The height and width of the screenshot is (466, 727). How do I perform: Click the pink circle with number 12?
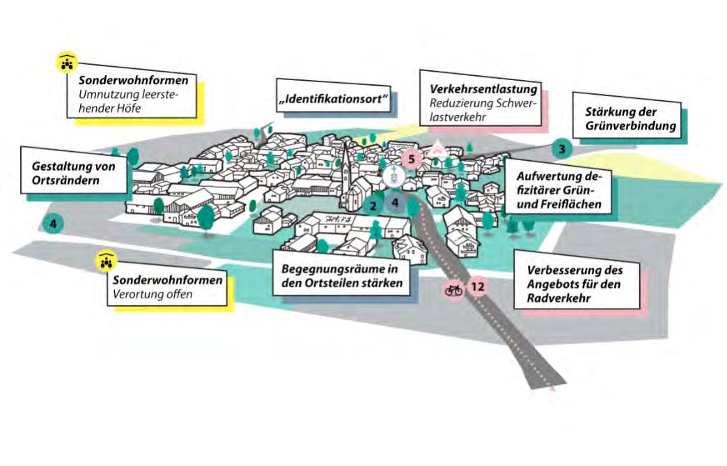(477, 286)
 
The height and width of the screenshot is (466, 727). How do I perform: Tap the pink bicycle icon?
(454, 288)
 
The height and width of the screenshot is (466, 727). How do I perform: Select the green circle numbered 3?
(562, 148)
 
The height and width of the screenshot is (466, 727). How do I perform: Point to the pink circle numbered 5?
(412, 159)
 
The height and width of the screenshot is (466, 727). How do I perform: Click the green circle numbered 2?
(373, 205)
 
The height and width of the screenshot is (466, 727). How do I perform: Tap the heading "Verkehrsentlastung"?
(483, 90)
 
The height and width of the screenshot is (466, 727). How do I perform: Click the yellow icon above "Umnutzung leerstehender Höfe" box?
(66, 63)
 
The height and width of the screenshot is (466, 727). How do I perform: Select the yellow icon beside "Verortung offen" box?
(106, 261)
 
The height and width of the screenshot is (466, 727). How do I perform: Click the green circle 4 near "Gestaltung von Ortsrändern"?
(53, 224)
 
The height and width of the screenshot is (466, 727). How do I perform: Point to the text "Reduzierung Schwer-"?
(474, 104)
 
